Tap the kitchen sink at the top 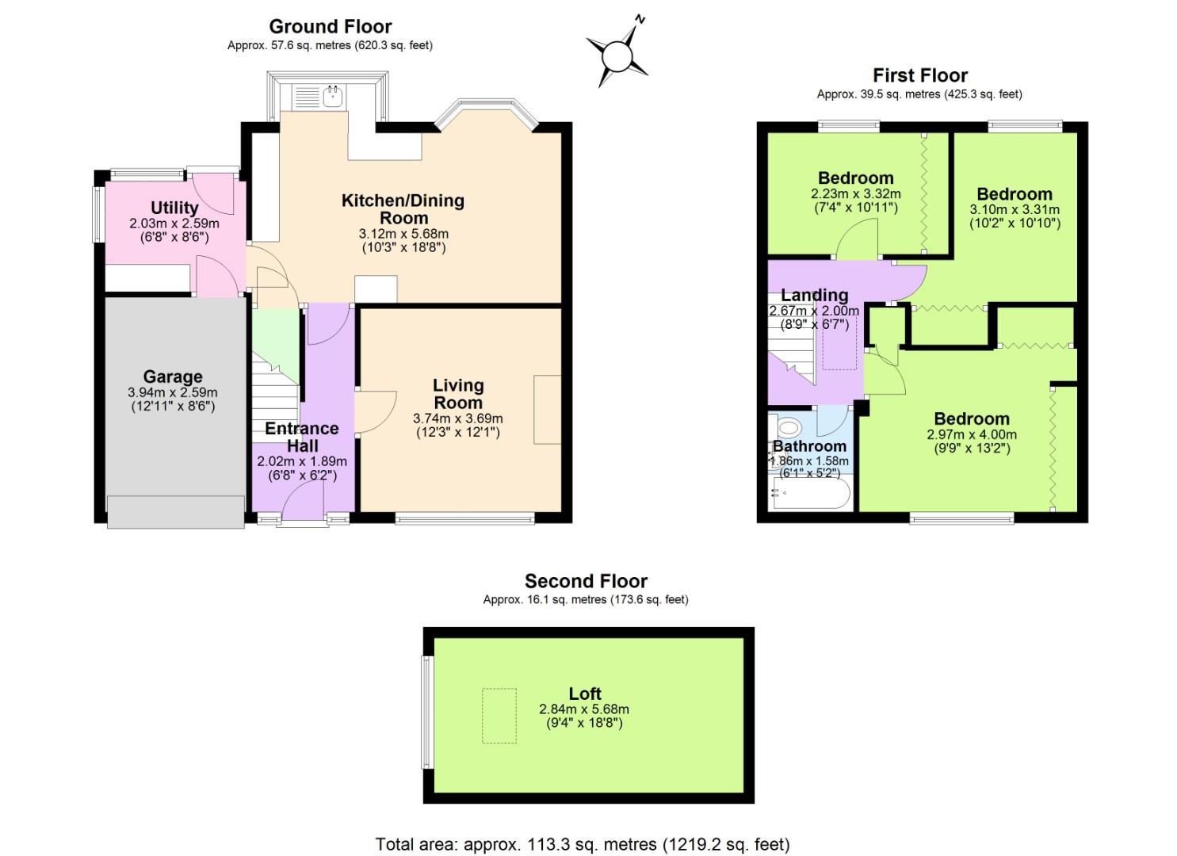332,97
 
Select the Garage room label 172,376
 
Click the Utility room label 174,208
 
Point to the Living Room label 458,394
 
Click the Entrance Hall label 302,437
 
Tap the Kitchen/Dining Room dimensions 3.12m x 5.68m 403,234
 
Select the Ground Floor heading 330,27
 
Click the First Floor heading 919,75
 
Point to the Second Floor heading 586,581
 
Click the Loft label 585,694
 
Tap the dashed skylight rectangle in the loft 499,715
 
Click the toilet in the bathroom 788,428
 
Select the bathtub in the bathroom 810,494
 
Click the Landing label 814,296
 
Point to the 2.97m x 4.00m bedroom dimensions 971,434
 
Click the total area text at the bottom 582,844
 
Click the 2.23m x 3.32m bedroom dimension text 855,193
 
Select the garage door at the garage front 176,511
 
